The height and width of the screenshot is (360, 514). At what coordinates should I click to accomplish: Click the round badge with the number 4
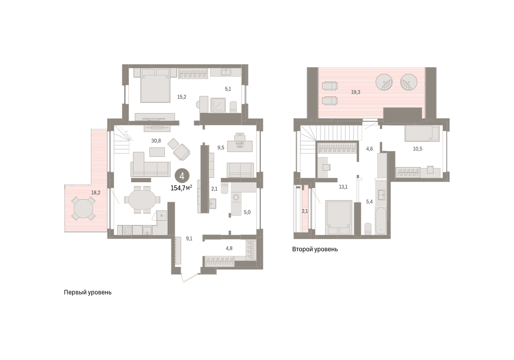182,176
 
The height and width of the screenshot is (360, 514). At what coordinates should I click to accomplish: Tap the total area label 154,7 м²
181,188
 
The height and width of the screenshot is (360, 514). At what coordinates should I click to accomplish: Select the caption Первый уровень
88,292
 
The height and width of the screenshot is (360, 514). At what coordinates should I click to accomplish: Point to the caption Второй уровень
315,249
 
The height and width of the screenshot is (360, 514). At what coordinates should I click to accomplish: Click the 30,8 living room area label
156,141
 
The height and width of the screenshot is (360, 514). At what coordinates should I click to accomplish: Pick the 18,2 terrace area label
96,192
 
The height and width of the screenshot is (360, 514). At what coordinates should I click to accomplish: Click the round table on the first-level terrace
84,208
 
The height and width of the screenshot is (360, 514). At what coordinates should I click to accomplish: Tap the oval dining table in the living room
142,200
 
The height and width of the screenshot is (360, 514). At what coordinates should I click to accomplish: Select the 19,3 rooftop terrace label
356,92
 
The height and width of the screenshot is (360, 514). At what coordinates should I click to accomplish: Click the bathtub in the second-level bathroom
381,220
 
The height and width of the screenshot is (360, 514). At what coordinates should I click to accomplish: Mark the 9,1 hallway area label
189,239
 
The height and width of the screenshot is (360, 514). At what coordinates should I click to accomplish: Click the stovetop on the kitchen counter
127,230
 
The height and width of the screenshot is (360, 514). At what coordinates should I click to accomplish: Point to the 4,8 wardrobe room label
229,248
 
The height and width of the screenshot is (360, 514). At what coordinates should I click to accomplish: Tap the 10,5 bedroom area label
417,149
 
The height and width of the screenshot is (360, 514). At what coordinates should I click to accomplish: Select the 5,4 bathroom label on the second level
369,202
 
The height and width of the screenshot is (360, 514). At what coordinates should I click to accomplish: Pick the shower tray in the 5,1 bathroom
218,105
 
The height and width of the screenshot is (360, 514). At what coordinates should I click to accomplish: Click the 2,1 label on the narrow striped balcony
305,211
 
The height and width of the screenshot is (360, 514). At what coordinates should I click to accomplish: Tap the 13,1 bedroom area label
343,187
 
